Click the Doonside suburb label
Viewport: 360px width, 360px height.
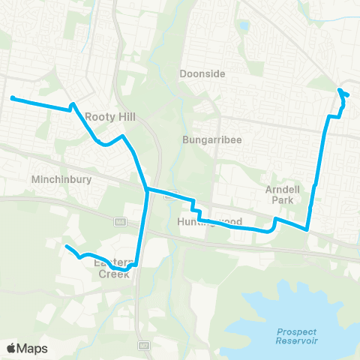[202, 74]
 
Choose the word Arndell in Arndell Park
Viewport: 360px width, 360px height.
[283, 190]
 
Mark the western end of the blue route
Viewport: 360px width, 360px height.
[12, 97]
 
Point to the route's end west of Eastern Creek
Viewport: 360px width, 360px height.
[66, 246]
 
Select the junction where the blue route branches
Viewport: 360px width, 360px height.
[146, 189]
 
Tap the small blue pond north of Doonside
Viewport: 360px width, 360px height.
[244, 27]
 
